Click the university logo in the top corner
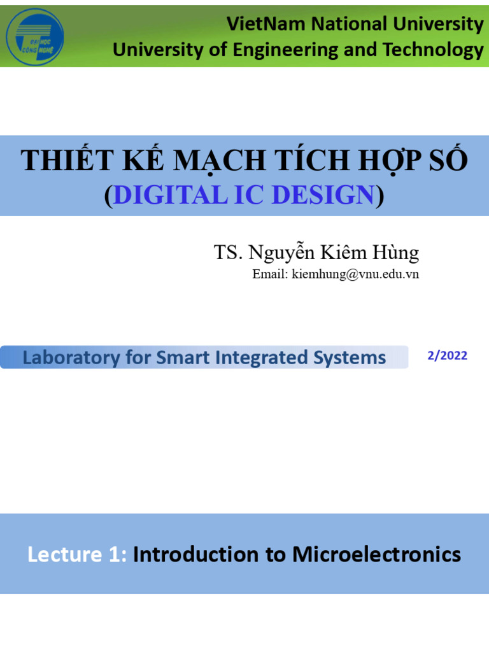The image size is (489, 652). click(x=34, y=36)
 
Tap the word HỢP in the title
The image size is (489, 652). click(x=379, y=161)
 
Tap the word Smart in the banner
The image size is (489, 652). click(x=182, y=358)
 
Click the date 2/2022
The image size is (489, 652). click(x=447, y=356)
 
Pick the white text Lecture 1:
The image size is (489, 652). click(x=77, y=555)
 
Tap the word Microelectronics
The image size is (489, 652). click(x=376, y=555)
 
